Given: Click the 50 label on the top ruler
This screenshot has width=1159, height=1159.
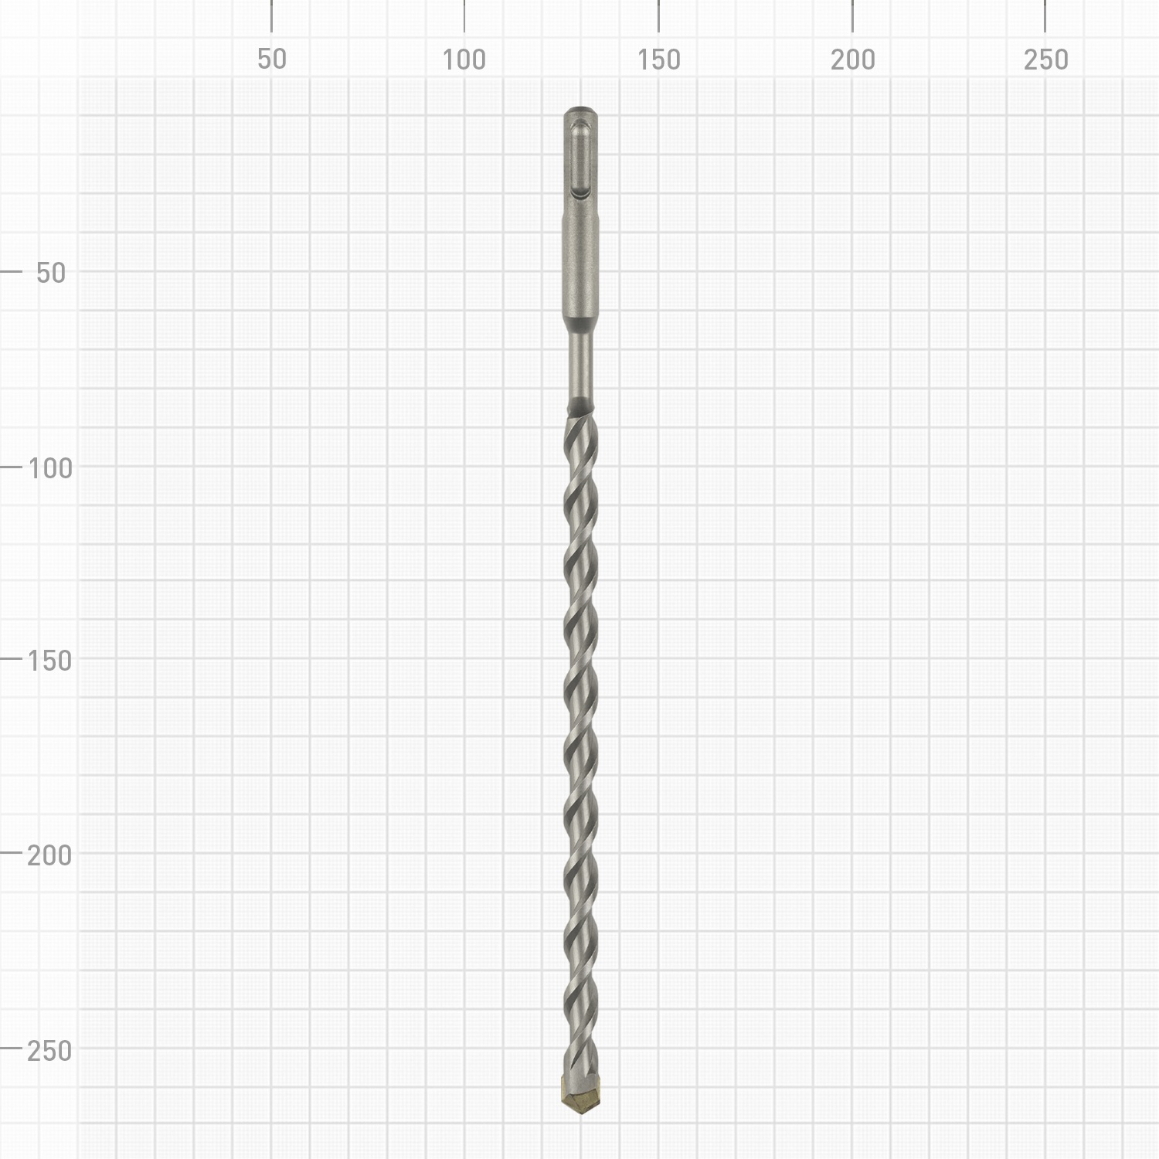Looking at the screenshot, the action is coord(271,59).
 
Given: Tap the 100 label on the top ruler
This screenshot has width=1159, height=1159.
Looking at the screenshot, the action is coord(464,59).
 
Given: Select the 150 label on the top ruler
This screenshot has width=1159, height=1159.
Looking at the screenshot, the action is coord(658,59).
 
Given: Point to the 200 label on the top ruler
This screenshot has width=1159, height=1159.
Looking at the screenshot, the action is coord(852,59).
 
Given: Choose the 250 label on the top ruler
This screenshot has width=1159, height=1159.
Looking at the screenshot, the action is coord(1045,59).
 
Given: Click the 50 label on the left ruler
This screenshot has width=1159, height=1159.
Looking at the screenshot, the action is coord(51,273).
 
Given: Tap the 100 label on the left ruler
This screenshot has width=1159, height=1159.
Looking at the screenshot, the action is coord(50,467).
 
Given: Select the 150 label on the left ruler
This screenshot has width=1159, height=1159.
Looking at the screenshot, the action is coord(49,661).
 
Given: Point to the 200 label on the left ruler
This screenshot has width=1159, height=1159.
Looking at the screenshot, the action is coord(49,855).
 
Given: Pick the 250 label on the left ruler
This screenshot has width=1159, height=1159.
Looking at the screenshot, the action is coord(49,1051).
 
